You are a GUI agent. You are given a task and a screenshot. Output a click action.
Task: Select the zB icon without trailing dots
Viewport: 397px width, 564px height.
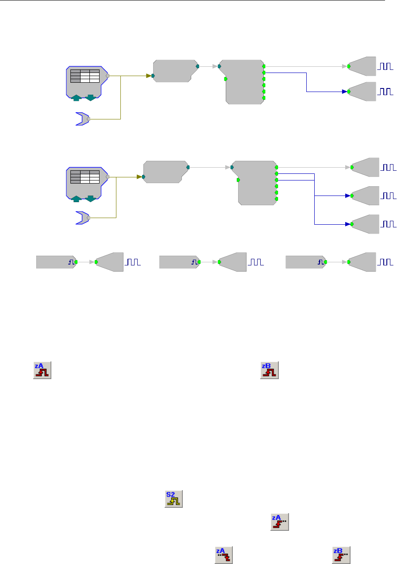coord(269,370)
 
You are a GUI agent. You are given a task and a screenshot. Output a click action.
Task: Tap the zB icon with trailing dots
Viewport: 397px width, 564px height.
coord(341,554)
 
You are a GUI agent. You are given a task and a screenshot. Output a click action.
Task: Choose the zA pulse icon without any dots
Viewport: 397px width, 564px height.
coord(43,370)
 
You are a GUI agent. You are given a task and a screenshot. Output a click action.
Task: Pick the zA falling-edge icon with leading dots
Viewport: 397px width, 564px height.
coord(224,554)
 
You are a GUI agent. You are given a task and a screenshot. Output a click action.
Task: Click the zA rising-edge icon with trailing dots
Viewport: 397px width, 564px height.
coord(279,522)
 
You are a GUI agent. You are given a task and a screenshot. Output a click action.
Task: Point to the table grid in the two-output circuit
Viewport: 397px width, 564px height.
coord(84,76)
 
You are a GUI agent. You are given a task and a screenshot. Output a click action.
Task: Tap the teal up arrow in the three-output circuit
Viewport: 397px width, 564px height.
coord(76,198)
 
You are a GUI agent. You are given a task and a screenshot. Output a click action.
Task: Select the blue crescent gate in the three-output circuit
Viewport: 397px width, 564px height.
coord(82,218)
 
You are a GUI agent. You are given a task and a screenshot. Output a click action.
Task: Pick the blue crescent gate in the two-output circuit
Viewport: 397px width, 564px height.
coord(82,119)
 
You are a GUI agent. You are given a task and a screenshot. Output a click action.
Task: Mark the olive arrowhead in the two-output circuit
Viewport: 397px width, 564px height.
coord(148,76)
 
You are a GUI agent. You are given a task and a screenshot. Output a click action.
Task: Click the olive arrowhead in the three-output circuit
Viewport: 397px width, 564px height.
coord(139,177)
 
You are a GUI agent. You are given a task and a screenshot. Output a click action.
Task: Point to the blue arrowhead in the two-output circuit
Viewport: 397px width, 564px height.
coord(344,92)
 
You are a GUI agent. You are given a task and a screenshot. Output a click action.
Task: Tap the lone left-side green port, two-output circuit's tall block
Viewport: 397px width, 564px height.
coord(226,79)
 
